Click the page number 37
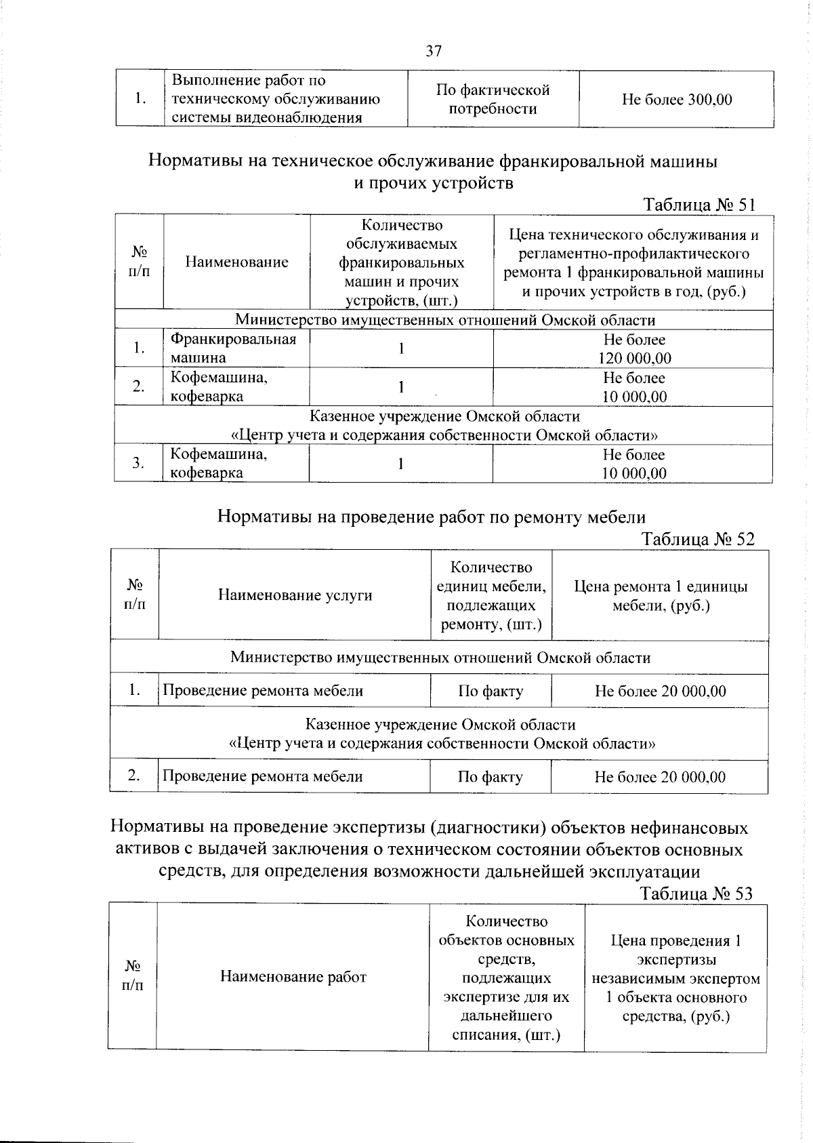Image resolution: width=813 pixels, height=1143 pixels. (x=434, y=51)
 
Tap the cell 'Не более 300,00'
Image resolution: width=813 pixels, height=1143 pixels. (x=676, y=100)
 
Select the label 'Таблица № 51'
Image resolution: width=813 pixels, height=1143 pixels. (x=699, y=205)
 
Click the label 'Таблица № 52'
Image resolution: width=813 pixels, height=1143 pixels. (x=697, y=539)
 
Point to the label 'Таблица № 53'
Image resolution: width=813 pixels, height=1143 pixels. (x=696, y=894)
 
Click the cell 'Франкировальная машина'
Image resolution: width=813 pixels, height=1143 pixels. (x=233, y=348)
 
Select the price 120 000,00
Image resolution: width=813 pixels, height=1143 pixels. (x=635, y=358)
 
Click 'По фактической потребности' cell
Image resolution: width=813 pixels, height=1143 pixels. (x=493, y=100)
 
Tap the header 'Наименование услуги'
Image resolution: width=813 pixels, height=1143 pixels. (x=295, y=595)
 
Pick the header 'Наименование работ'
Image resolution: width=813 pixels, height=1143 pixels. (x=293, y=977)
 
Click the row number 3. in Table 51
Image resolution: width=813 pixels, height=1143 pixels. (x=138, y=463)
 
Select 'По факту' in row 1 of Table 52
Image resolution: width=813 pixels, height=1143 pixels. (x=491, y=691)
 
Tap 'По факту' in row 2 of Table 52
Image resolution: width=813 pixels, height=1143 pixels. (x=490, y=777)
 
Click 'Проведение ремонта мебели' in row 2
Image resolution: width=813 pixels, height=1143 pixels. (x=263, y=777)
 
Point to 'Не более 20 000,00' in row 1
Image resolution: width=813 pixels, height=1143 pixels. (x=660, y=691)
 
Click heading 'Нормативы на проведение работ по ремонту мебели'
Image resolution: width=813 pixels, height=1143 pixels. (x=431, y=517)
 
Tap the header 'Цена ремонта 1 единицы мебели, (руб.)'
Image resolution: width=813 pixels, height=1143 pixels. (x=660, y=596)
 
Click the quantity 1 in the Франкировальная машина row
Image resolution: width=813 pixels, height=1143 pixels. (x=401, y=348)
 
